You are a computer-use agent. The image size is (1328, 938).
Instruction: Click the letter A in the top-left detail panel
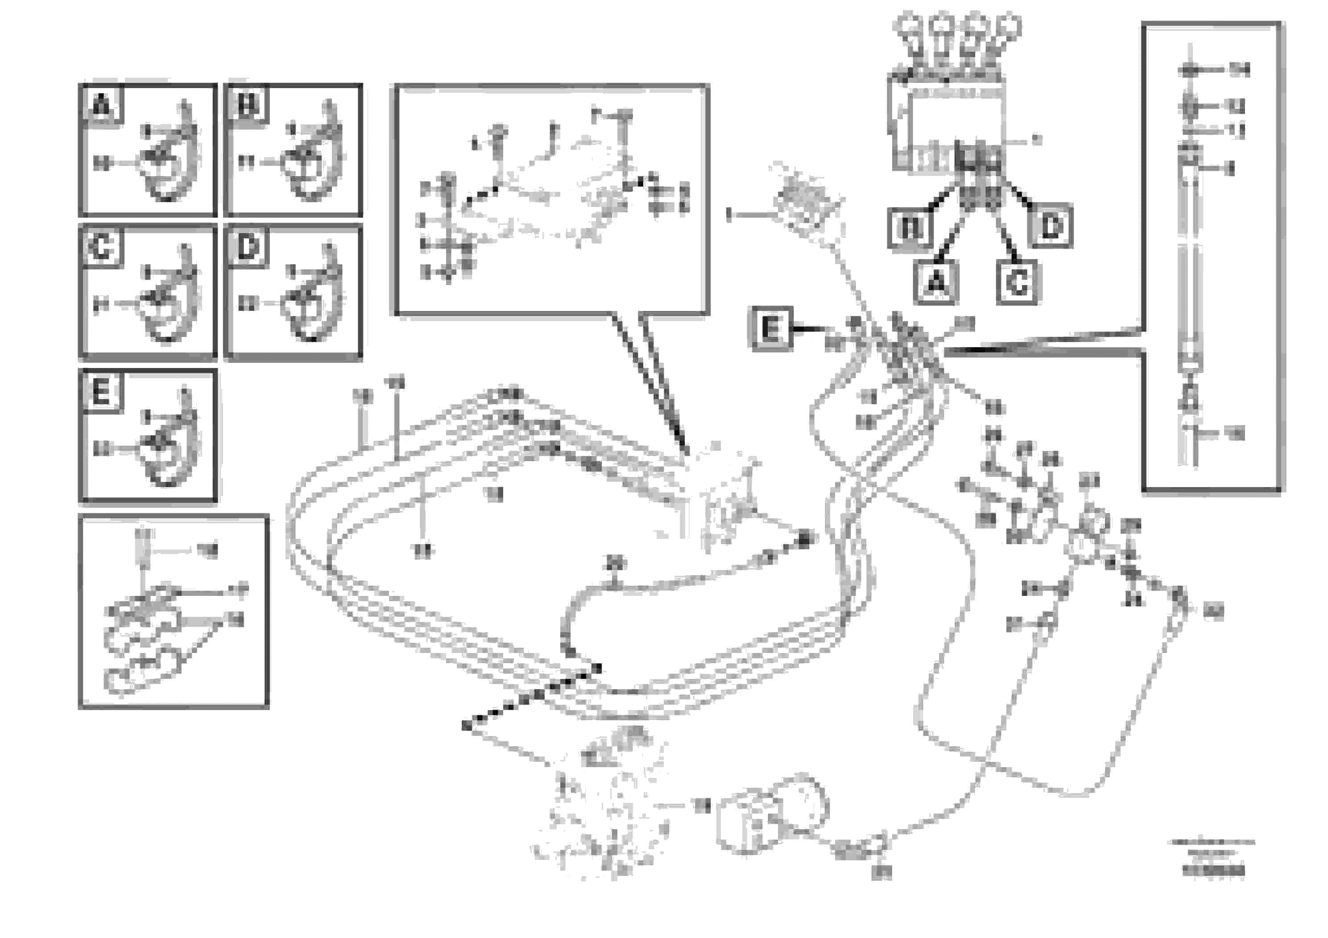coord(101,105)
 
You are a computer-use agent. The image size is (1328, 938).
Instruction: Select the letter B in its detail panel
coord(248,105)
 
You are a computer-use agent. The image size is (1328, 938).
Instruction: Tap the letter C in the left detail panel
coord(101,248)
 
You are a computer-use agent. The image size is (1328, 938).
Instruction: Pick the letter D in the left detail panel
coord(248,248)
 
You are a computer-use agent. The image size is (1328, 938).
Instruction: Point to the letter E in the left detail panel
coord(101,392)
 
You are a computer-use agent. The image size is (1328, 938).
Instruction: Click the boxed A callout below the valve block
coord(936,282)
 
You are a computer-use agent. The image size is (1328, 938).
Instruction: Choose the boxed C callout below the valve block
coord(1017,283)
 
